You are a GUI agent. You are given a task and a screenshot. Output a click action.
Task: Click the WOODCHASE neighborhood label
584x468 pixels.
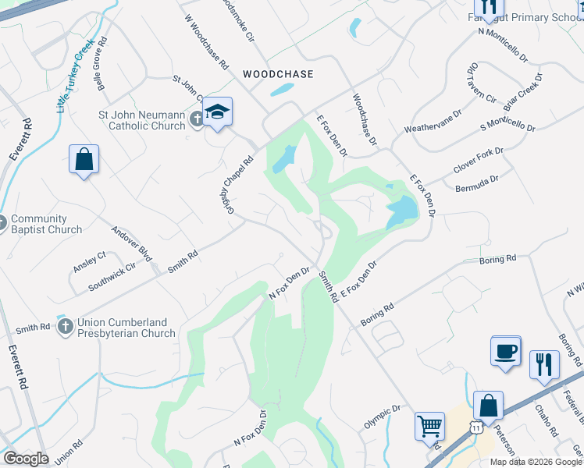coord(278,74)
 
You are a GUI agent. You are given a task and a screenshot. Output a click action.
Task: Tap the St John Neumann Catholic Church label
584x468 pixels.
coord(141,120)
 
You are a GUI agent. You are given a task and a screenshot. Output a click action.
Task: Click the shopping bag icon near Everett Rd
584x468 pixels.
coord(84,159)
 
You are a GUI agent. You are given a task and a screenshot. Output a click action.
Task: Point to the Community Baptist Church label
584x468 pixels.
coord(46,225)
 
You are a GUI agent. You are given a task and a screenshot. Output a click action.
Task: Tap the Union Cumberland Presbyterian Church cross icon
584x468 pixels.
coord(66,327)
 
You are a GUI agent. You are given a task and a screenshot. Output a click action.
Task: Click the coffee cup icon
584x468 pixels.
coord(505,350)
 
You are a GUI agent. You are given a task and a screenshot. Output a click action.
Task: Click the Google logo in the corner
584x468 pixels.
coord(26,459)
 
